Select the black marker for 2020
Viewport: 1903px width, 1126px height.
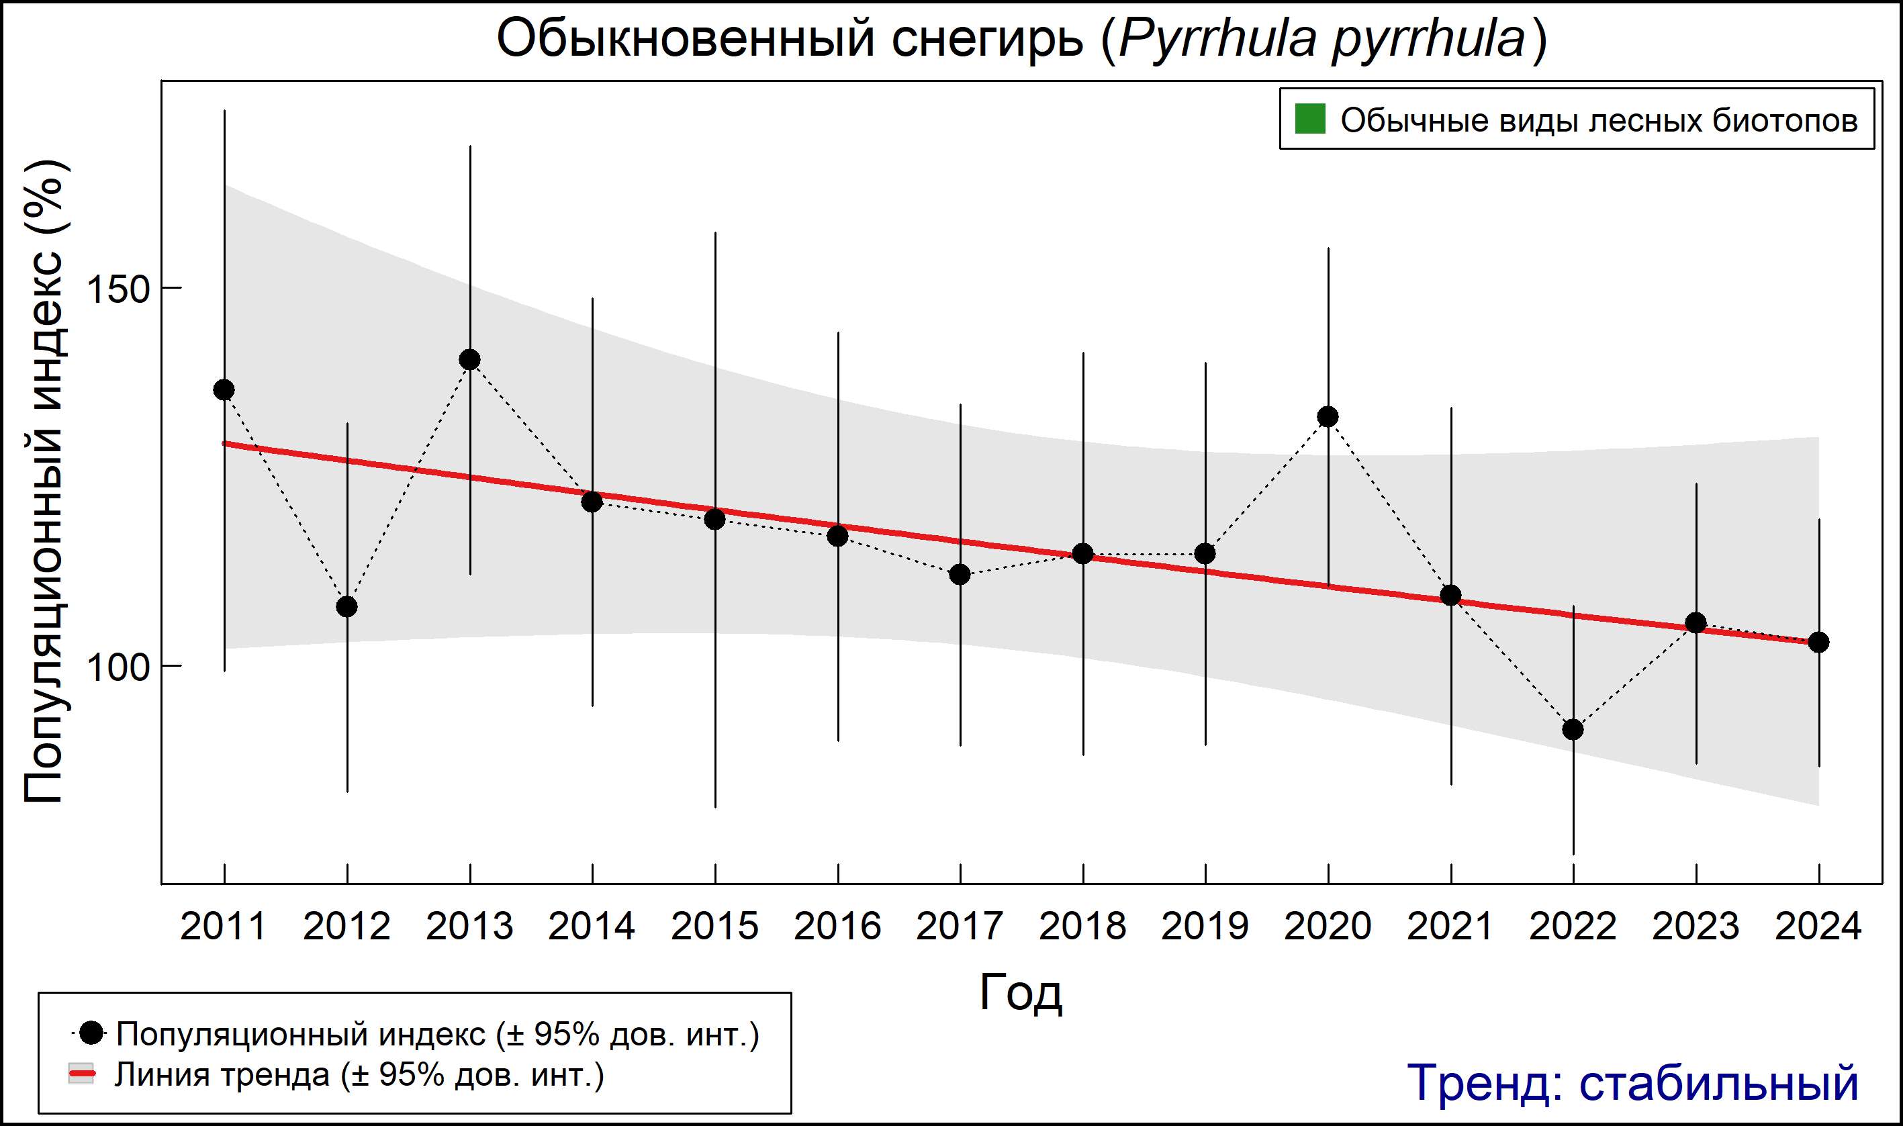1328,416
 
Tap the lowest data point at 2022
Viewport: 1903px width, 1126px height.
1573,729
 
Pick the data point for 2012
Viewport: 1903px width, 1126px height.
346,607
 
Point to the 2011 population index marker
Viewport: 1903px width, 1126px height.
224,390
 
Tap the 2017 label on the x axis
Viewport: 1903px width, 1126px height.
960,927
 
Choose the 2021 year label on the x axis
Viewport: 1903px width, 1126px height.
1450,927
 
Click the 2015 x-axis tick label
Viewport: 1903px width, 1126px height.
714,927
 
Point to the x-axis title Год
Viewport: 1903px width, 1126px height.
1021,993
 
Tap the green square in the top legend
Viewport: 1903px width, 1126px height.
1309,119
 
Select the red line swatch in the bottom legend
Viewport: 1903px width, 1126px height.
82,1074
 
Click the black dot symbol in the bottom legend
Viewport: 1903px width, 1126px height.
91,1033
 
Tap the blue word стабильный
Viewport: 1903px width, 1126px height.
1718,1083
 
